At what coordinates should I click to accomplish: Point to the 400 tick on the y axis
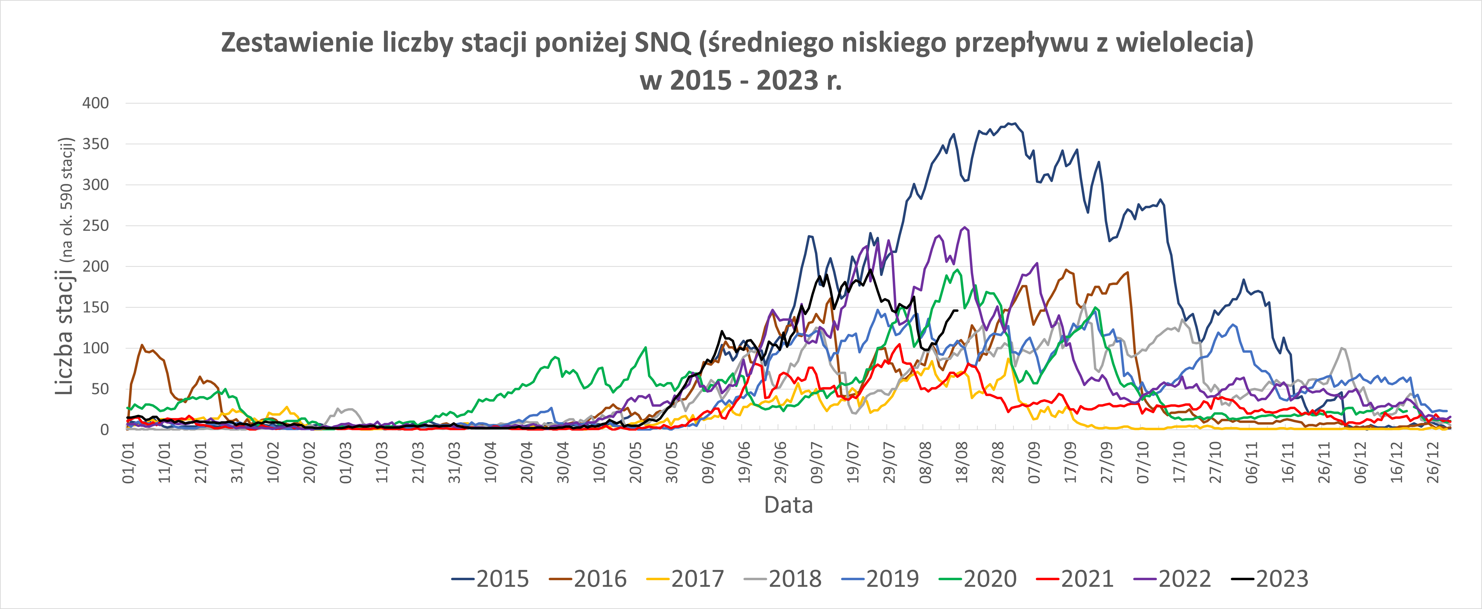tap(95, 104)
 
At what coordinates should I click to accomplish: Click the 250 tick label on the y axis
tap(95, 226)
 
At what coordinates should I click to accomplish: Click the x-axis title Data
tap(788, 505)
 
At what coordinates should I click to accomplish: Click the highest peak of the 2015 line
tap(1015, 123)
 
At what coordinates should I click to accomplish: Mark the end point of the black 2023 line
tap(956, 311)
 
